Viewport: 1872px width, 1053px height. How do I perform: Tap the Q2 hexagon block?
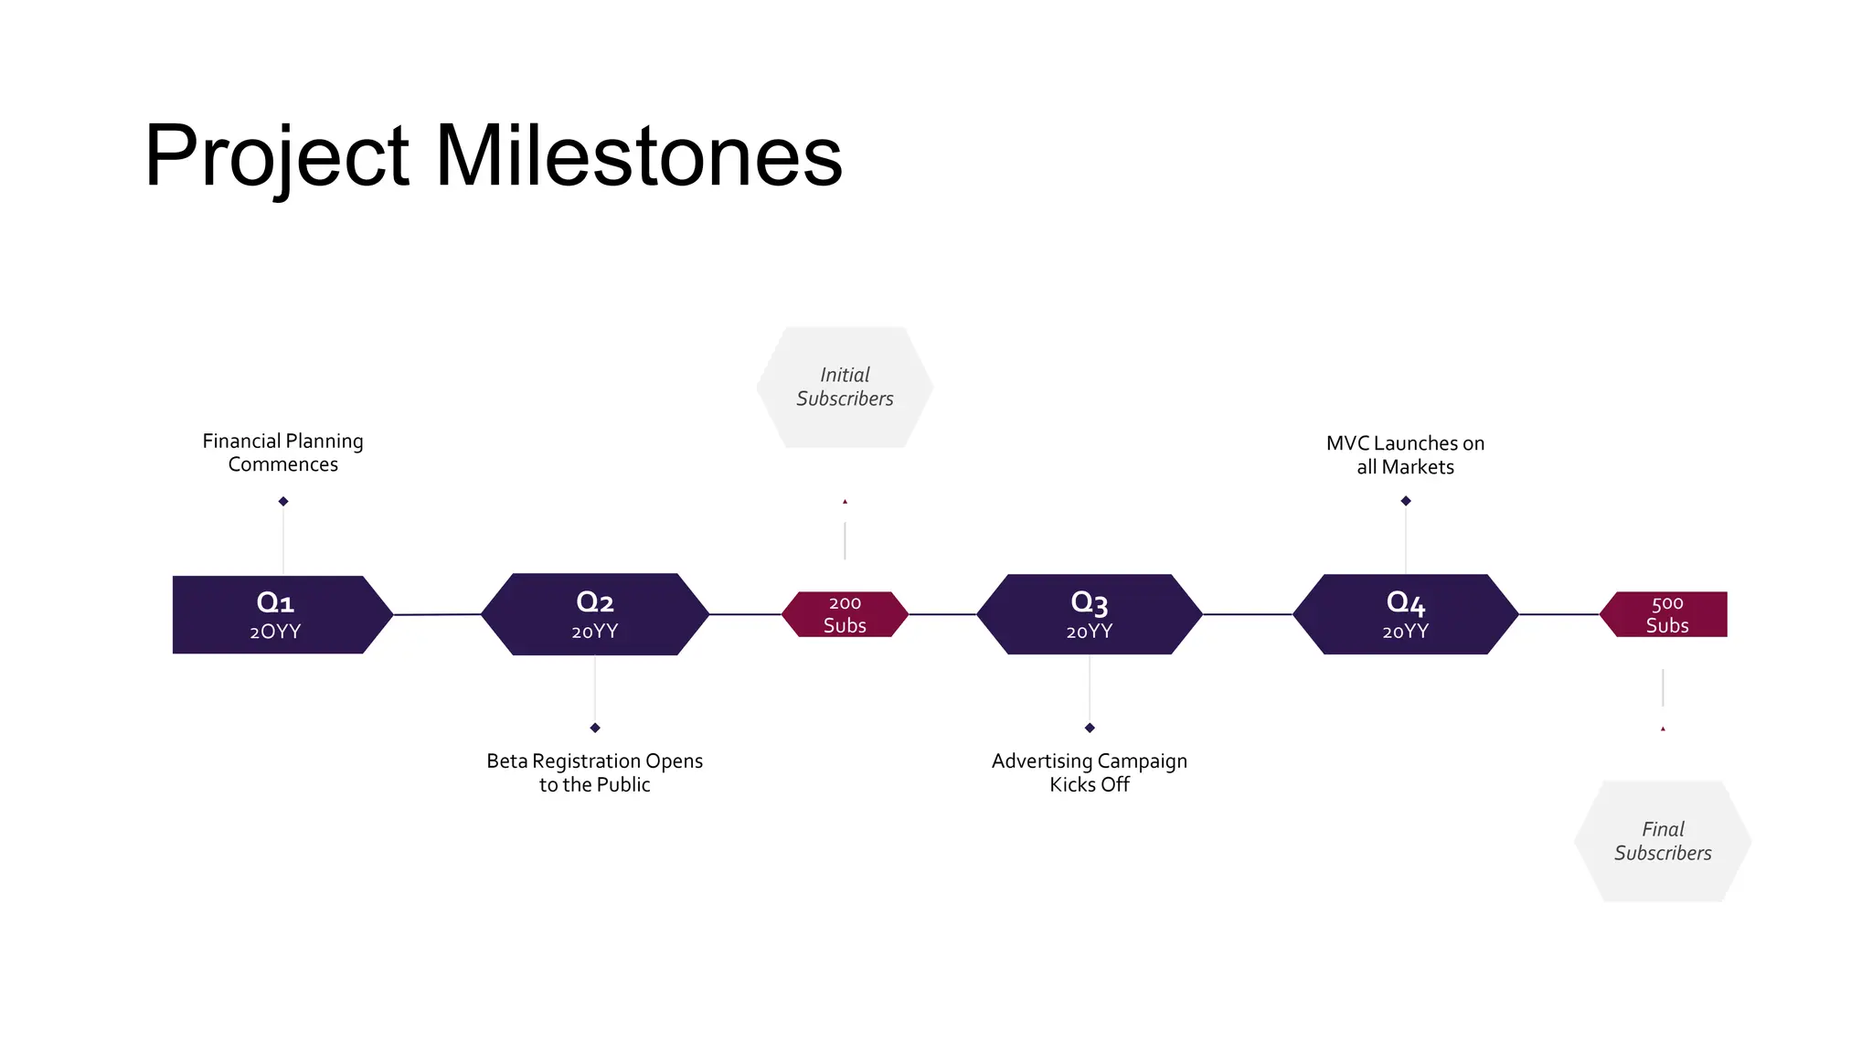[x=595, y=614]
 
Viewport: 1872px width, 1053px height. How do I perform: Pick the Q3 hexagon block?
[x=1089, y=614]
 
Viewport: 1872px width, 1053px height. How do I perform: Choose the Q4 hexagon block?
[x=1405, y=614]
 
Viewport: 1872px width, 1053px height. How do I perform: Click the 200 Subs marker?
[x=845, y=614]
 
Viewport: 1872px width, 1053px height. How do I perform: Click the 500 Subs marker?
[x=1666, y=614]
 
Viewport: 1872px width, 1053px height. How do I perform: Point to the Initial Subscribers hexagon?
[x=845, y=388]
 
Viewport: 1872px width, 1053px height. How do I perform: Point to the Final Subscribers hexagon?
[x=1663, y=841]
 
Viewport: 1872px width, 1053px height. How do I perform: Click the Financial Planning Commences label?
[x=283, y=452]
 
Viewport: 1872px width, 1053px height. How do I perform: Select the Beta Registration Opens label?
[x=595, y=772]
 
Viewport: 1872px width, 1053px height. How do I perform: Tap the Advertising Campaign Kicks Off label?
[x=1089, y=772]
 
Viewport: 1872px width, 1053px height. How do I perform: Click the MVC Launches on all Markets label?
[x=1405, y=455]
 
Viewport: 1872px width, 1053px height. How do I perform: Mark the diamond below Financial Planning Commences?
[x=283, y=501]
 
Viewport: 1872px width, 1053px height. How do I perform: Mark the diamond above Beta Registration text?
[x=595, y=728]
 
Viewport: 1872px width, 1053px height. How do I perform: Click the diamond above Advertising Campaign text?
[x=1090, y=728]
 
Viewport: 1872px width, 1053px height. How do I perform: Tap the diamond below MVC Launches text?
[x=1406, y=501]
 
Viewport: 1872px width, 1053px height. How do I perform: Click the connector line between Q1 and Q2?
[x=437, y=614]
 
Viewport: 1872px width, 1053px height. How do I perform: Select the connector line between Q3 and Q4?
[x=1247, y=614]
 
